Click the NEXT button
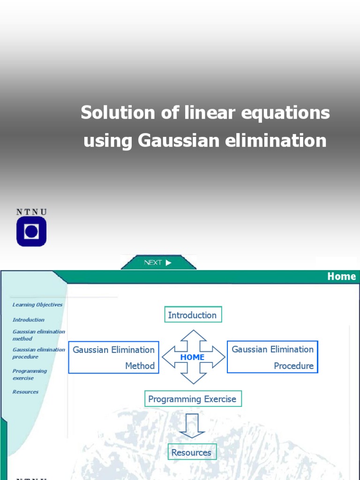pos(158,262)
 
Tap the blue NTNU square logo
pos(31,232)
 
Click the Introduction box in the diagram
pos(193,315)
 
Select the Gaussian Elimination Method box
pos(113,357)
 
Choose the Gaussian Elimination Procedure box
pos(272,357)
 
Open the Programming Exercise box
pos(193,399)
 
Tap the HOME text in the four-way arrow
pos(193,357)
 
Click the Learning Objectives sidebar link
pos(37,305)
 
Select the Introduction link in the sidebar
pos(29,320)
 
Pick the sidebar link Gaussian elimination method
pos(39,335)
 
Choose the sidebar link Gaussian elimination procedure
pos(39,353)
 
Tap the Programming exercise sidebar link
pos(30,374)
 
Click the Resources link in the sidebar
pos(26,392)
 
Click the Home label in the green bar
pos(341,277)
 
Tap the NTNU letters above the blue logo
pos(31,212)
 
